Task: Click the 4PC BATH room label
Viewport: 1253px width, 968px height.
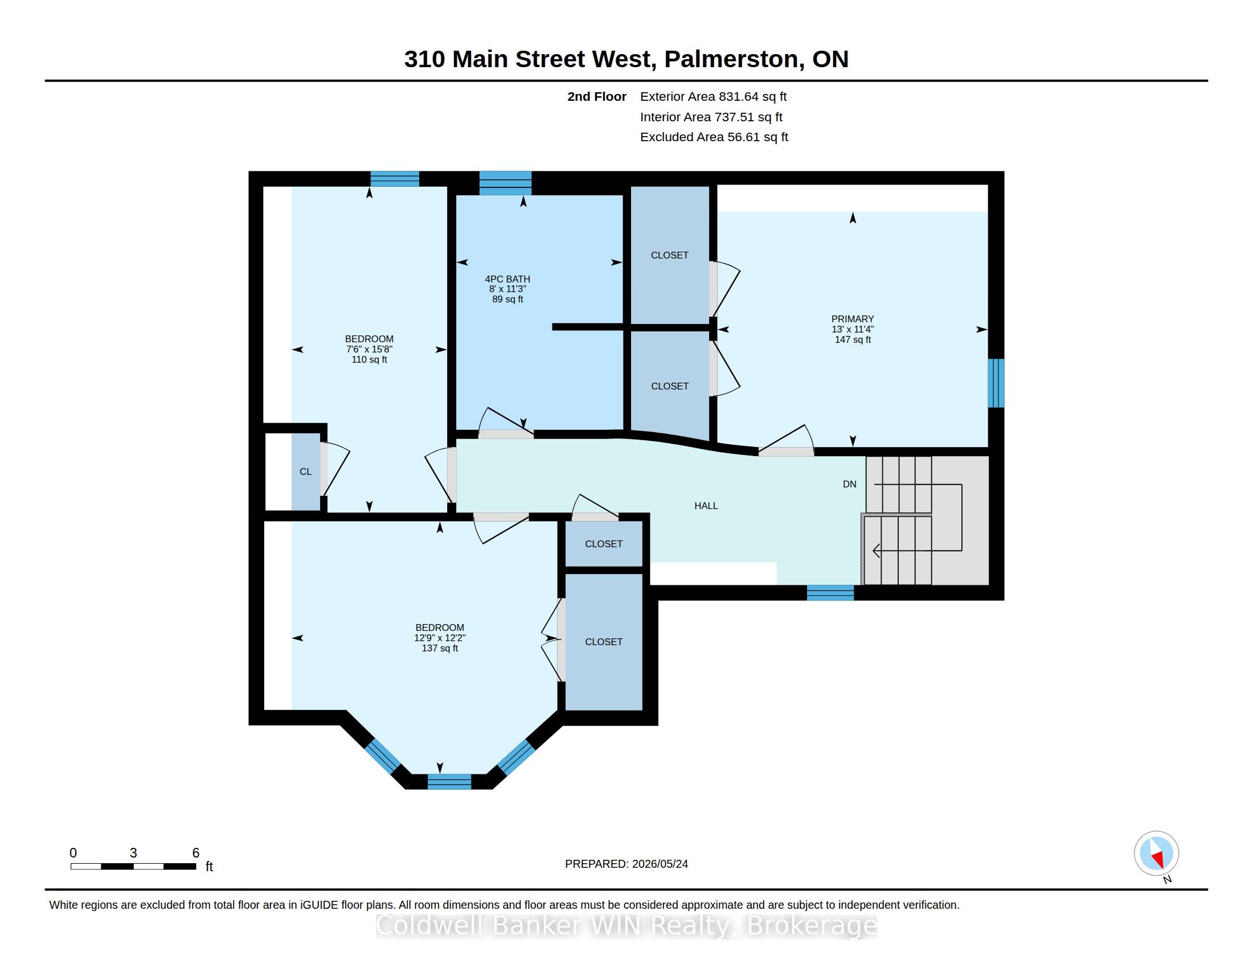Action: coord(507,279)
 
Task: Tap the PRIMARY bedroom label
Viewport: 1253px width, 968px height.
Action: coord(853,319)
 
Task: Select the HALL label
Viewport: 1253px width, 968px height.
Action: coord(706,506)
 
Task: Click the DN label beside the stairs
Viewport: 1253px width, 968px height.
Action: coord(849,484)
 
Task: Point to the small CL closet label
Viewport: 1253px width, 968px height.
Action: coord(305,471)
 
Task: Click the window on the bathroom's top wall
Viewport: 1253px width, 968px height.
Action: coord(505,183)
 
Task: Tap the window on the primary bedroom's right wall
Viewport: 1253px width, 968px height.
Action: coord(996,383)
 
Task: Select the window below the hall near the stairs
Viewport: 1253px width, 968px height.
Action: coord(830,592)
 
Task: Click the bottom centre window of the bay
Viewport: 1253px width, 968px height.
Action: coord(449,782)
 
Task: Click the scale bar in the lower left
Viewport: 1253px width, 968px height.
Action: coord(133,866)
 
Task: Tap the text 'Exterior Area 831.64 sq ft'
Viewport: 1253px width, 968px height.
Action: coord(713,97)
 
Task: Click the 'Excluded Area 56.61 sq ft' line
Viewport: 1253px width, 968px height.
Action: coord(714,137)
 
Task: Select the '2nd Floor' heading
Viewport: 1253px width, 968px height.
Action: coord(597,97)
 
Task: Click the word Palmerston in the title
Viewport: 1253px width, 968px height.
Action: coord(734,59)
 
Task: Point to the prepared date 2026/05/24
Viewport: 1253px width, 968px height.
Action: coord(660,864)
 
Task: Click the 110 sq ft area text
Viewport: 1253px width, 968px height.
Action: coord(369,359)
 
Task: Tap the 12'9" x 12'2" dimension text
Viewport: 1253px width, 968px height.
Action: coord(440,638)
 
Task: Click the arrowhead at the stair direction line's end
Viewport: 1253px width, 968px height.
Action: coord(876,551)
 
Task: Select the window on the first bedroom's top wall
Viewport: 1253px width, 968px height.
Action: coord(395,179)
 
